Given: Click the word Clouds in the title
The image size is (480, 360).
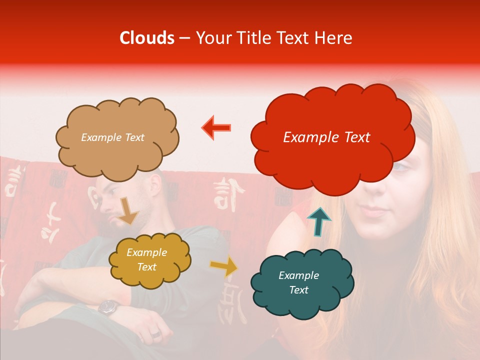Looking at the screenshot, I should tap(147, 38).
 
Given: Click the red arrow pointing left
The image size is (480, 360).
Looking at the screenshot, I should tap(216, 127).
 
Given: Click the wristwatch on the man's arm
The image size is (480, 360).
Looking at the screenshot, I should tap(107, 307).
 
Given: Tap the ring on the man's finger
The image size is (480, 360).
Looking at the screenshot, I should tap(155, 333).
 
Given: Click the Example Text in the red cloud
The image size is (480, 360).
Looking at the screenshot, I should tap(326, 137).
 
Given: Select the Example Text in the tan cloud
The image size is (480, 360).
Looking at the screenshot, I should tap(112, 137).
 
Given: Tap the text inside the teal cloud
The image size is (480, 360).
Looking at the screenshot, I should tap(298, 282).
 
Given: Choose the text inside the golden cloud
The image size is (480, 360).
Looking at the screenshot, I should tap(146, 260).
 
